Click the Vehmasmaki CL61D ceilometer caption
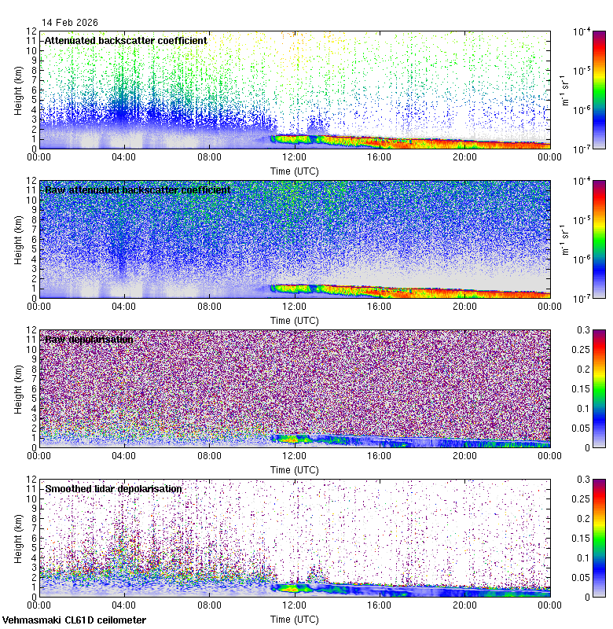(x=74, y=620)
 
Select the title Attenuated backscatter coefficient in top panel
(x=126, y=40)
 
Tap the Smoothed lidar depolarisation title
(x=113, y=488)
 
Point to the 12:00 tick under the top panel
(x=294, y=157)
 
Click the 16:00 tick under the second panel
(x=380, y=307)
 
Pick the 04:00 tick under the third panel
(x=124, y=456)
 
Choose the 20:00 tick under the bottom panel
(x=464, y=605)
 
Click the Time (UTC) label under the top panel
(x=294, y=171)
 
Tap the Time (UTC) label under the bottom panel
(x=294, y=619)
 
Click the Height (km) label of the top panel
(x=18, y=90)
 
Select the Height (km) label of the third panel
(x=18, y=388)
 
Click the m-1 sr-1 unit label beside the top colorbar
(x=565, y=90)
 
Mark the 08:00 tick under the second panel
(x=209, y=307)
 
